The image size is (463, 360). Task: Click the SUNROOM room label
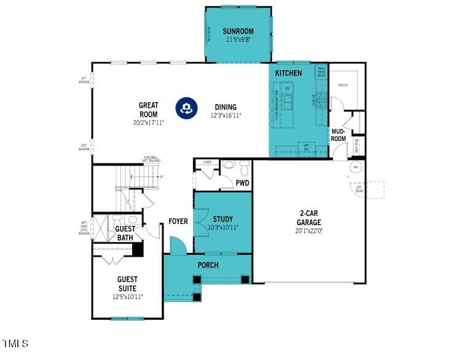(x=238, y=31)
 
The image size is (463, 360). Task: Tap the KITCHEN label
(x=288, y=73)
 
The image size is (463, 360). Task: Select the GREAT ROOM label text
(x=148, y=110)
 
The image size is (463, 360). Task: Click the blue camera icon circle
(x=186, y=108)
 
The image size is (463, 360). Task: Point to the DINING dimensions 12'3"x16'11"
(x=226, y=115)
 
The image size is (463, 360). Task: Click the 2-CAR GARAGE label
(x=309, y=219)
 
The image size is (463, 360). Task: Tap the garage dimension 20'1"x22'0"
(x=309, y=231)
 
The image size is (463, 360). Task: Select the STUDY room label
(x=223, y=219)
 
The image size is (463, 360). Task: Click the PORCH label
(x=208, y=265)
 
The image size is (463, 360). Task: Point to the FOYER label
(x=178, y=222)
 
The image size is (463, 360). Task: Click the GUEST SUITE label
(x=127, y=284)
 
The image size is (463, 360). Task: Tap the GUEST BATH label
(x=125, y=233)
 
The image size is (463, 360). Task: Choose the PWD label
(x=242, y=183)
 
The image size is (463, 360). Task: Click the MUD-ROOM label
(x=339, y=135)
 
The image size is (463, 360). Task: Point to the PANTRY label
(x=342, y=85)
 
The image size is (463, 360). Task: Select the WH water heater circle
(x=355, y=167)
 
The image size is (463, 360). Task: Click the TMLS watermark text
(x=15, y=343)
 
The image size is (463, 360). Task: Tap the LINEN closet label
(x=207, y=162)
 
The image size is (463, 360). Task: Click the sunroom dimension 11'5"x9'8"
(x=238, y=39)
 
